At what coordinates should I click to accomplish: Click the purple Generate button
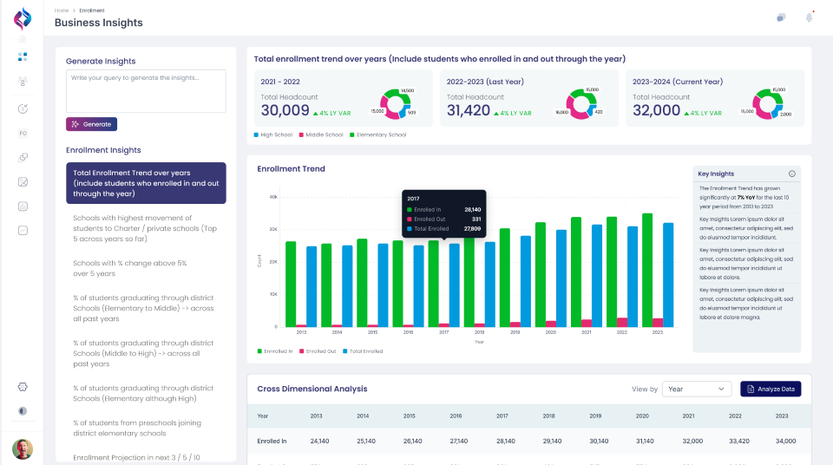coord(91,124)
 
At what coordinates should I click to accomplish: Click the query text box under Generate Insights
coord(146,90)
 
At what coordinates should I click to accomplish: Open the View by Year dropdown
coord(697,389)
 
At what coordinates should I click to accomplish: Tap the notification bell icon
coord(809,16)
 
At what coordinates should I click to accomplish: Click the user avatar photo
coord(23,449)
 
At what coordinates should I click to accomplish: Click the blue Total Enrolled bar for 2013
coord(312,286)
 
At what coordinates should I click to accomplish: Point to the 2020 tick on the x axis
coord(550,332)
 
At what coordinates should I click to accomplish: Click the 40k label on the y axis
coord(273,197)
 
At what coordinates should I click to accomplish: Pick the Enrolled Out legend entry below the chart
coord(318,351)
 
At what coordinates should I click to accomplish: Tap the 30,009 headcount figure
coord(285,110)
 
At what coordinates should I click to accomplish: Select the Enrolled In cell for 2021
coord(692,441)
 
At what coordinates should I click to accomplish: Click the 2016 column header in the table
coord(456,416)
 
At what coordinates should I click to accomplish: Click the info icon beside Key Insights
coord(791,174)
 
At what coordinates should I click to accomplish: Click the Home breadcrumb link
coord(61,10)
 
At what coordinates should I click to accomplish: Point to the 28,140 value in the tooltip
coord(472,209)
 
